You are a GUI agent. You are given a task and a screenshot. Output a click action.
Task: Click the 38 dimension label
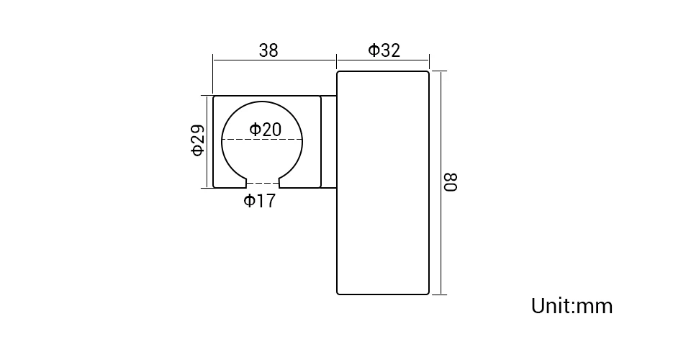click(268, 50)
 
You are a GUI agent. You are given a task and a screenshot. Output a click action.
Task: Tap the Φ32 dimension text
click(384, 50)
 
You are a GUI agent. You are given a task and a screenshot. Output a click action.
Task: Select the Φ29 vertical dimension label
click(198, 140)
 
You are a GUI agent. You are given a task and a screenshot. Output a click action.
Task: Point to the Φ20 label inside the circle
click(266, 130)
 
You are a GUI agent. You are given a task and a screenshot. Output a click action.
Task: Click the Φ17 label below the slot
click(260, 200)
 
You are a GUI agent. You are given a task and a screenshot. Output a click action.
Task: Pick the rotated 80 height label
click(451, 182)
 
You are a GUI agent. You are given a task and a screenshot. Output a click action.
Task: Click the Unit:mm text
click(572, 305)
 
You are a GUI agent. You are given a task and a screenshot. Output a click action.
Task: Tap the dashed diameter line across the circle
click(262, 140)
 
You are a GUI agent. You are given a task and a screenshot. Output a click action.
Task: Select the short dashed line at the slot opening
click(263, 183)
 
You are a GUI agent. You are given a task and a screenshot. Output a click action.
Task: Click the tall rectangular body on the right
click(383, 183)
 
